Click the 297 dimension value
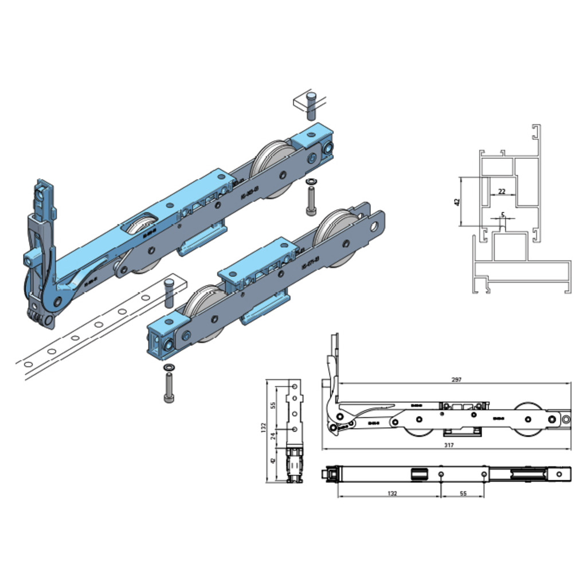pos(456,379)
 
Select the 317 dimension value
pos(449,445)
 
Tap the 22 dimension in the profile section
pos(502,191)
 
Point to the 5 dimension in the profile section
pos(503,215)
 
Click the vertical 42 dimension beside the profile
pos(457,202)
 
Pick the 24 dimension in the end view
pos(273,436)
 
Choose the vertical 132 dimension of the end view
pos(264,427)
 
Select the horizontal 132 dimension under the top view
pos(392,493)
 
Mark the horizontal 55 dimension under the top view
pos(463,493)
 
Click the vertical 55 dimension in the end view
pos(273,404)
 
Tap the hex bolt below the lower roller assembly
pos(169,388)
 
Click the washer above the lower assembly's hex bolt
pos(169,366)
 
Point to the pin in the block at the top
pos(311,105)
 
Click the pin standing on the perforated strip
pos(169,292)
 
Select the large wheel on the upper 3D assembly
pos(273,166)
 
